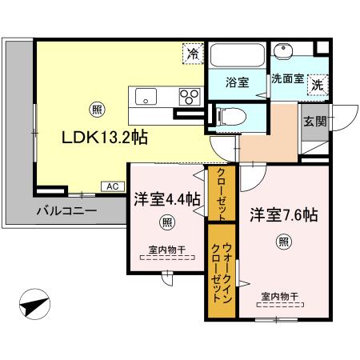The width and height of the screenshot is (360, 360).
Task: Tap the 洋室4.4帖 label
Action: click(166, 200)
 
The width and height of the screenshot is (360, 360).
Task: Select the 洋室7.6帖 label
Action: click(284, 214)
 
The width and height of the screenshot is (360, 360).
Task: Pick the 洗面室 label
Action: click(287, 79)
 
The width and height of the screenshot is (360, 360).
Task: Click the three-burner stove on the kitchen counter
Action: click(190, 98)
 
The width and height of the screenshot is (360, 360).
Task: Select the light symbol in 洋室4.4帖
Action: click(166, 222)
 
